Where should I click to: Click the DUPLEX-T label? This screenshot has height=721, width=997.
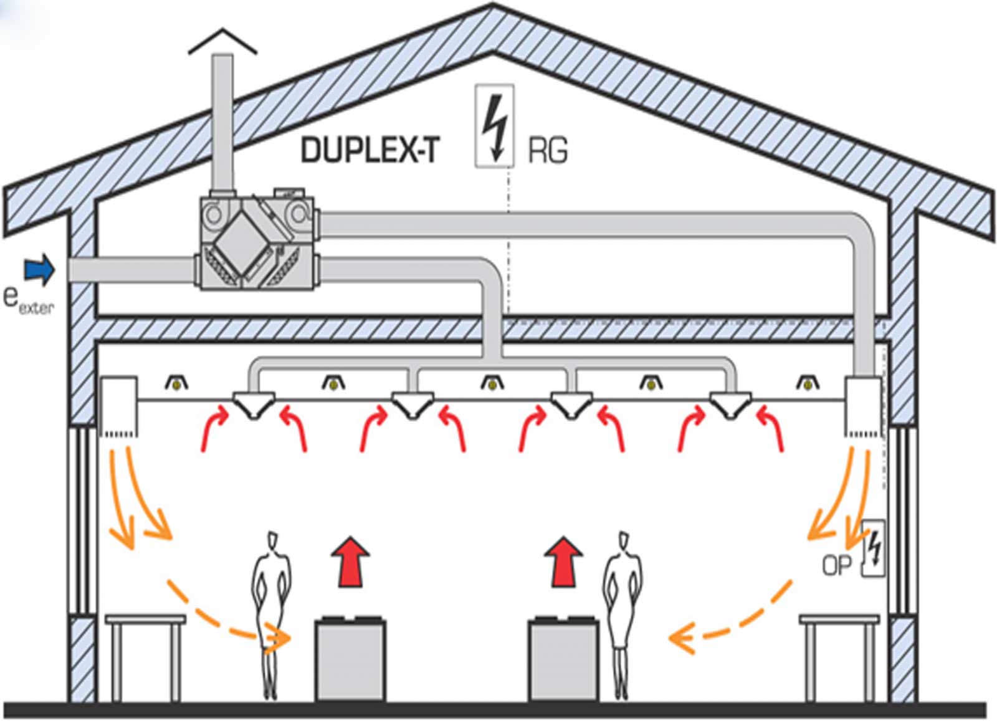pyautogui.click(x=370, y=150)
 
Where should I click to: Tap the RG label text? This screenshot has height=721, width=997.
pyautogui.click(x=548, y=150)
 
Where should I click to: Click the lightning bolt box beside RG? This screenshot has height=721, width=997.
pyautogui.click(x=495, y=126)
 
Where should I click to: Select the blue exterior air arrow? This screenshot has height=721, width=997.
pyautogui.click(x=40, y=270)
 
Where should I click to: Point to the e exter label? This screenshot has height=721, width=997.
pyautogui.click(x=29, y=302)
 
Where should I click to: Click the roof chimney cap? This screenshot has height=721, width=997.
pyautogui.click(x=222, y=41)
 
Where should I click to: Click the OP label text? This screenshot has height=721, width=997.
pyautogui.click(x=836, y=566)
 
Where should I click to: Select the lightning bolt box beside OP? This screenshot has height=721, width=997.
pyautogui.click(x=873, y=548)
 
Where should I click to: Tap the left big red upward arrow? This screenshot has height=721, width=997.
pyautogui.click(x=351, y=561)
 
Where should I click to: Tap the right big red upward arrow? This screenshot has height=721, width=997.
pyautogui.click(x=563, y=561)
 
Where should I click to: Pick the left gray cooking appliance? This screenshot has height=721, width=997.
pyautogui.click(x=350, y=659)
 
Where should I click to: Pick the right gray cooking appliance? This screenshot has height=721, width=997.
pyautogui.click(x=563, y=659)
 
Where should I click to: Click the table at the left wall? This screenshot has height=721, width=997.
pyautogui.click(x=145, y=659)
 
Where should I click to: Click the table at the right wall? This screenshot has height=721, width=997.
pyautogui.click(x=839, y=659)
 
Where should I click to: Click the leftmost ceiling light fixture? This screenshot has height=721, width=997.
pyautogui.click(x=177, y=383)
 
